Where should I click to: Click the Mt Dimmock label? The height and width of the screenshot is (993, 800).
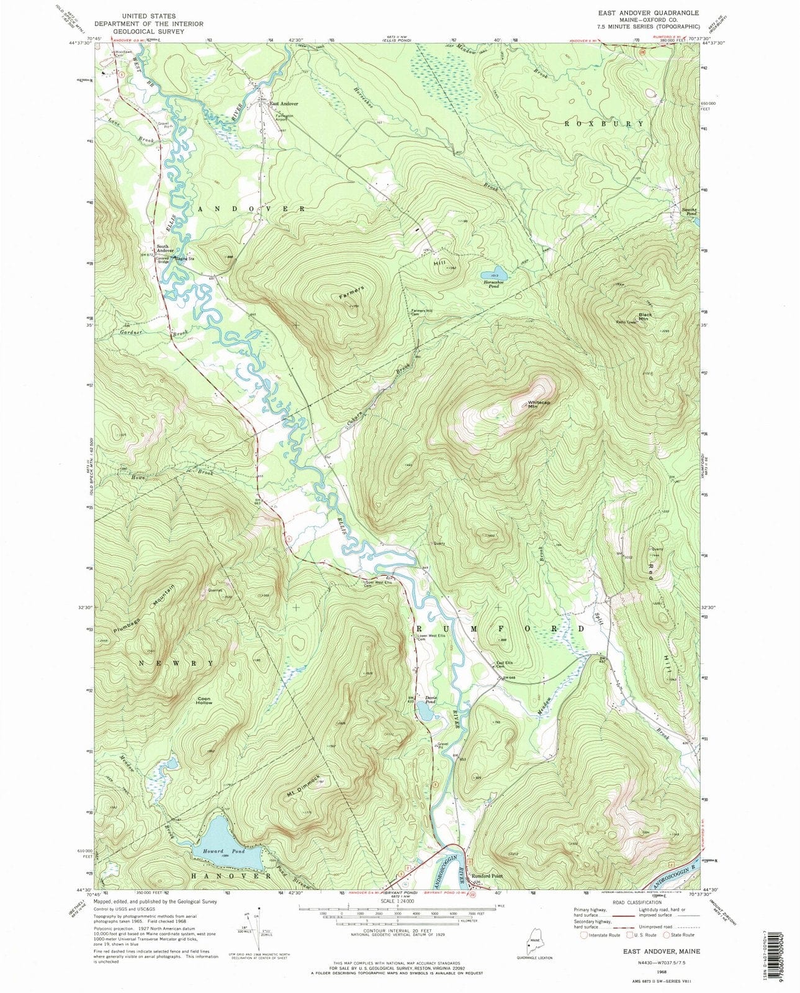(x=303, y=786)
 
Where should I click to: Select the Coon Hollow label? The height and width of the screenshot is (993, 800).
(x=204, y=701)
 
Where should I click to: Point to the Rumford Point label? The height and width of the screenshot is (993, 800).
(x=486, y=876)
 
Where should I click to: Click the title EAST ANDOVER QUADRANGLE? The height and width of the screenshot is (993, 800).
(x=639, y=13)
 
